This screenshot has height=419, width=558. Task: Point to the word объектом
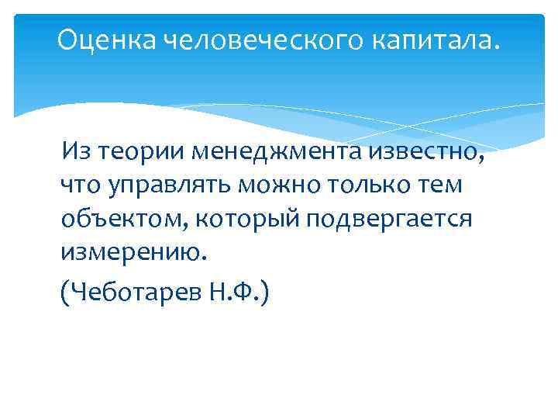coord(124,220)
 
